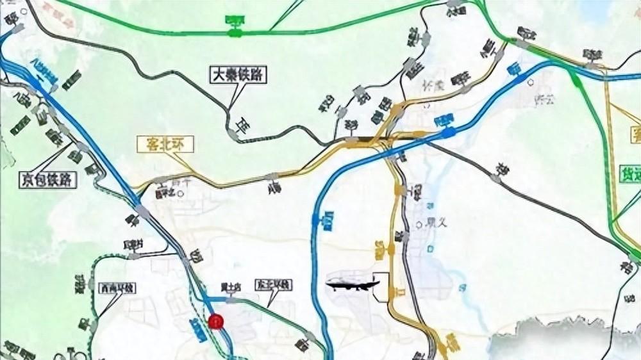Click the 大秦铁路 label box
click(x=238, y=75)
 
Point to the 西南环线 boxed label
click(x=117, y=289)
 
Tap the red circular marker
click(x=216, y=321)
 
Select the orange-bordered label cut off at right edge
click(x=635, y=134)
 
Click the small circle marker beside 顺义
click(x=420, y=224)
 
